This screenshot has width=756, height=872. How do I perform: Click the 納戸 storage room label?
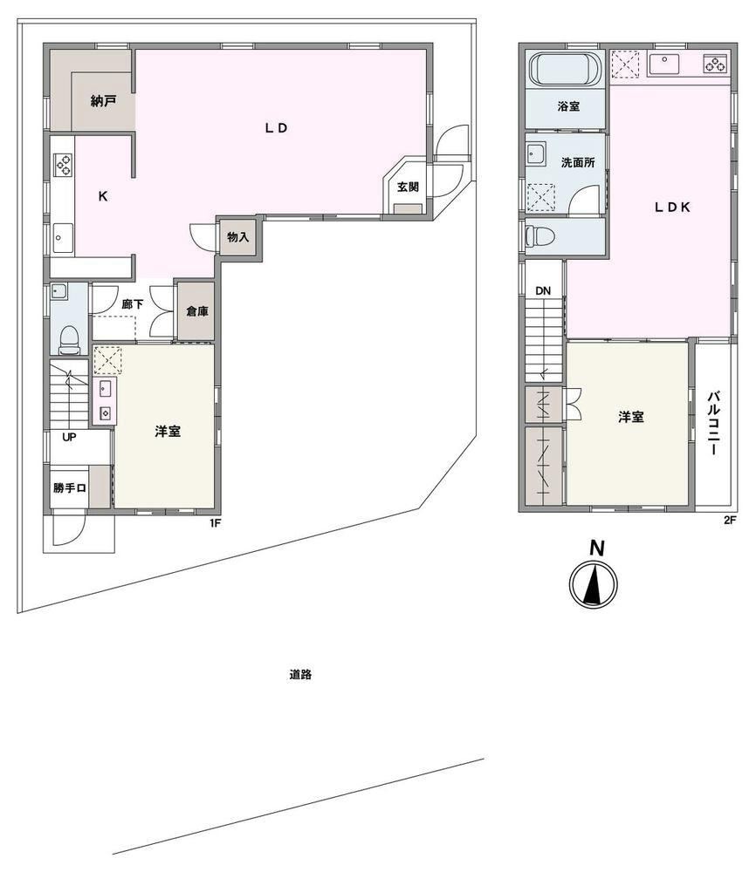pyautogui.click(x=104, y=101)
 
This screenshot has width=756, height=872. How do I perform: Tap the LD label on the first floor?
pyautogui.click(x=276, y=128)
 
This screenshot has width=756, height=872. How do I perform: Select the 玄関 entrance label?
pyautogui.click(x=408, y=187)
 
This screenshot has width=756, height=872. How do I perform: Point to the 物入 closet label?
pyautogui.click(x=237, y=237)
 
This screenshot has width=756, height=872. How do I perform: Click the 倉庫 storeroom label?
pyautogui.click(x=197, y=311)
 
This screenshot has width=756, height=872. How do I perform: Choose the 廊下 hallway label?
pyautogui.click(x=133, y=304)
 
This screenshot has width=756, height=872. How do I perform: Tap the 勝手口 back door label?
pyautogui.click(x=70, y=488)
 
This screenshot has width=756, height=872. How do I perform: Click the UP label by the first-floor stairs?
pyautogui.click(x=69, y=437)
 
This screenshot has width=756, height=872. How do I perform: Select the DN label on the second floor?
pyautogui.click(x=543, y=291)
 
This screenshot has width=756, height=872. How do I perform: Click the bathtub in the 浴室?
pyautogui.click(x=566, y=69)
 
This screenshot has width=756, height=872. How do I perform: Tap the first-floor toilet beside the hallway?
pyautogui.click(x=70, y=340)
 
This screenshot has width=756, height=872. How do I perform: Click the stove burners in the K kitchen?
pyautogui.click(x=62, y=165)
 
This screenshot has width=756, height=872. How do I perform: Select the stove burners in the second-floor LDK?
pyautogui.click(x=716, y=64)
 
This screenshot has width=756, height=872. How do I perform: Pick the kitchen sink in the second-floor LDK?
pyautogui.click(x=664, y=64)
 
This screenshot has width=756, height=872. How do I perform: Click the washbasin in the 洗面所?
pyautogui.click(x=535, y=153)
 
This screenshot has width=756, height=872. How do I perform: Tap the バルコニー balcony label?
pyautogui.click(x=714, y=424)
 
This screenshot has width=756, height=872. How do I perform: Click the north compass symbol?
pyautogui.click(x=594, y=582)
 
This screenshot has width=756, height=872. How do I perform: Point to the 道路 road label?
pyautogui.click(x=300, y=675)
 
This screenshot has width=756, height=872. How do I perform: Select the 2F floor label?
pyautogui.click(x=730, y=521)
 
